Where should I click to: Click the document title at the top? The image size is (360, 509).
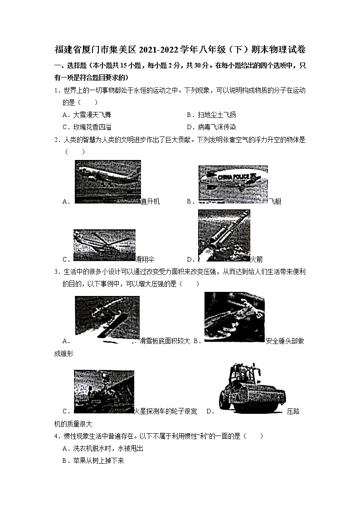tap(180, 49)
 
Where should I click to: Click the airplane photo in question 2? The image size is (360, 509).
tap(107, 181)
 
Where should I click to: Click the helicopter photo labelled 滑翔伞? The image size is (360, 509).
tap(104, 245)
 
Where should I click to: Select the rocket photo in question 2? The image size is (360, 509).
tap(224, 236)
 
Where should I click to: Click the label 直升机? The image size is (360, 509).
tap(151, 202)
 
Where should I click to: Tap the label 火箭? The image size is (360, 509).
tap(257, 260)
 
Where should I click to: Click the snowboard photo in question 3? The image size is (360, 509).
tap(107, 319)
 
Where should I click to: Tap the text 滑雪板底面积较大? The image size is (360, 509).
tap(165, 341)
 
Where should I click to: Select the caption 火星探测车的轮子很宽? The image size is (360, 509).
tap(166, 412)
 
